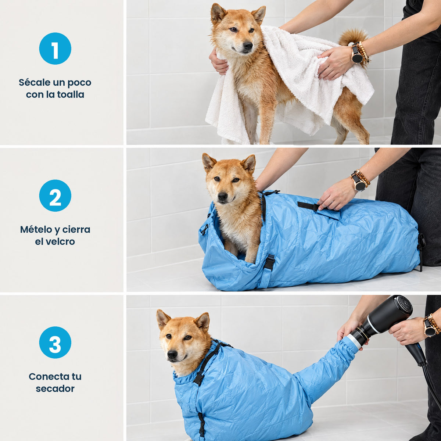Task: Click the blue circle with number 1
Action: pyautogui.click(x=55, y=49)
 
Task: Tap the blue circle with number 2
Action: pyautogui.click(x=55, y=196)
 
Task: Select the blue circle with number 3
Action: pyautogui.click(x=55, y=343)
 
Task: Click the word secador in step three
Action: pyautogui.click(x=55, y=388)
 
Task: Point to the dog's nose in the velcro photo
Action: pyautogui.click(x=222, y=196)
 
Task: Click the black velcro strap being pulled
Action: pyautogui.click(x=308, y=206)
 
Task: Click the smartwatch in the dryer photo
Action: pyautogui.click(x=429, y=328)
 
